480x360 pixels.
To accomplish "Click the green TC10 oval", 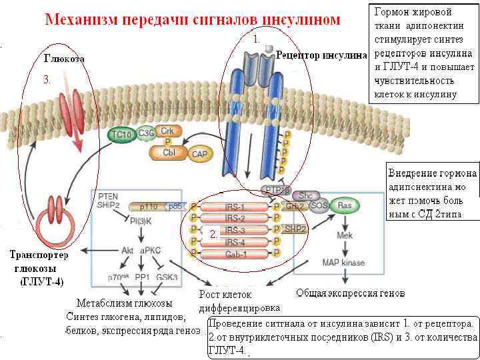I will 121,135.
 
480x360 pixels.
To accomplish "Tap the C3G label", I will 145,134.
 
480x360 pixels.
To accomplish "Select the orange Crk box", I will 167,131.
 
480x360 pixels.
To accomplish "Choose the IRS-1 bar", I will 234,207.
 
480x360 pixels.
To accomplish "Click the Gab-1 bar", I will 234,253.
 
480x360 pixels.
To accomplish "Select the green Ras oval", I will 345,206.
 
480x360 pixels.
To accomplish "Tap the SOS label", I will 319,206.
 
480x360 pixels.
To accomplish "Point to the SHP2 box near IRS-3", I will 295,229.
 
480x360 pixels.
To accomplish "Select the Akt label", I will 127,251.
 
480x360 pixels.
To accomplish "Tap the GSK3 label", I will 166,276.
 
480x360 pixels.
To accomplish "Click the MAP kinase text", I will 343,263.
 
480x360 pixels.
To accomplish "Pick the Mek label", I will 344,235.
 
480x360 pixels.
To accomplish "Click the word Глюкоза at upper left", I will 64,59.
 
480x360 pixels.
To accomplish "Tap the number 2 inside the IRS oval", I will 213,235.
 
